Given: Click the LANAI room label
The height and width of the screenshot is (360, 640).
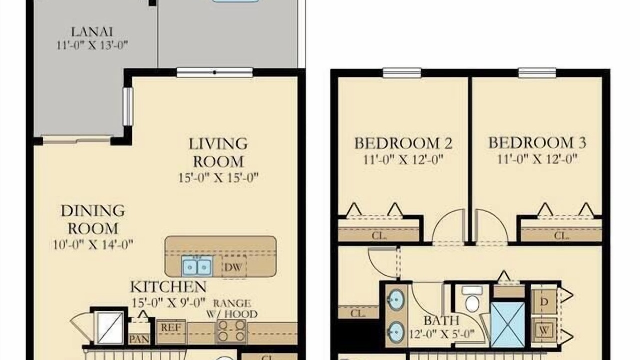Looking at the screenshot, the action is tap(92, 31).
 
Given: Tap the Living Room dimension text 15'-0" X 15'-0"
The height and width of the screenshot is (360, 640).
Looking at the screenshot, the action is tap(218, 177).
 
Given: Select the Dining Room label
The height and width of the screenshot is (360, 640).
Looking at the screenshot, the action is tap(93, 219).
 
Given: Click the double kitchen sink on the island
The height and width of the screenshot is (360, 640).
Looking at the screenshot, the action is tap(197, 266).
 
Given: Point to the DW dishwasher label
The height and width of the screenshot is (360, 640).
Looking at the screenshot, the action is tap(233, 267).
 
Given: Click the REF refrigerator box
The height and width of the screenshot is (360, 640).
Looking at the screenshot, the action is tap(171, 332).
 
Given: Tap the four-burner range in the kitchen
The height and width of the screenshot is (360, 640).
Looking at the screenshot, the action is tap(231, 331).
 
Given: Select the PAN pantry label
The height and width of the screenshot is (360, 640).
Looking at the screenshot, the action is tap(139, 339).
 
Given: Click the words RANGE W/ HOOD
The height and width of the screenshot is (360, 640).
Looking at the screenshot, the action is tap(232, 308).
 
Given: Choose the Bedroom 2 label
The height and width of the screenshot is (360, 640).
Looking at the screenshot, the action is tap(403, 143).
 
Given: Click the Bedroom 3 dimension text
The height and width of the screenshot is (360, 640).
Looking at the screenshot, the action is tap(537, 159).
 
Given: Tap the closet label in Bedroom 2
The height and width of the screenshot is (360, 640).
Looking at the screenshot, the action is tap(379, 236).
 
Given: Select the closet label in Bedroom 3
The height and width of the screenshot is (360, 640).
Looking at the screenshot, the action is tap(561, 236).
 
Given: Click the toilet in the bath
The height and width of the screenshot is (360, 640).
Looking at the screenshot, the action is tap(472, 299).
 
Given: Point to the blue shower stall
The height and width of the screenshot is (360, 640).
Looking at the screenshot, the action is tap(507, 324).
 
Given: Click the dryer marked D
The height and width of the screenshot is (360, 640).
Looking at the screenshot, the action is tap(544, 301).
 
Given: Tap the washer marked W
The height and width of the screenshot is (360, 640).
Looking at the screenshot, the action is tap(544, 331).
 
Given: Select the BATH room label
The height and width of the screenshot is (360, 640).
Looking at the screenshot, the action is tap(441, 321).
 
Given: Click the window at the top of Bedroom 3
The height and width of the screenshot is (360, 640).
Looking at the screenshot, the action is tap(537, 73).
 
